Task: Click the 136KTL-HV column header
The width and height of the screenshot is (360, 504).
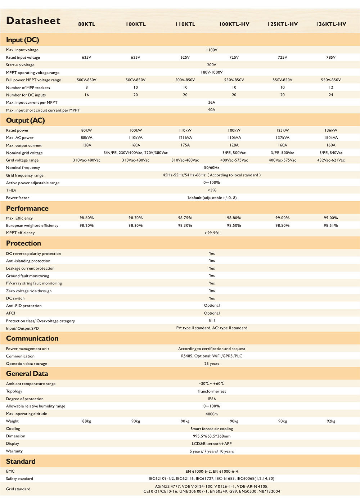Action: pyautogui.click(x=331, y=24)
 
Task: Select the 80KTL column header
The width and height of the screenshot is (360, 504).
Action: pyautogui.click(x=87, y=24)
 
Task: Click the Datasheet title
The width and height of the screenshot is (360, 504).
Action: pyautogui.click(x=33, y=21)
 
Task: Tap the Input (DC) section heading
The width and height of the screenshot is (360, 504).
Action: pyautogui.click(x=22, y=40)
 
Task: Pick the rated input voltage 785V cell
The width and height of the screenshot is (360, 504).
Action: pyautogui.click(x=331, y=57)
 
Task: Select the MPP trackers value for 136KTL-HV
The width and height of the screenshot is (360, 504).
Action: pyautogui.click(x=331, y=87)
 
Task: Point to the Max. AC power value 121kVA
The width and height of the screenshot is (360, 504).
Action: pyautogui.click(x=185, y=138)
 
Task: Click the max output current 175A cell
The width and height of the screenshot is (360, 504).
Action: pyautogui.click(x=185, y=145)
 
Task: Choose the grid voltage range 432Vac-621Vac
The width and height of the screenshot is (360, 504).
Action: pyautogui.click(x=331, y=160)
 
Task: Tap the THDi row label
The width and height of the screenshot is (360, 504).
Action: pyautogui.click(x=11, y=190)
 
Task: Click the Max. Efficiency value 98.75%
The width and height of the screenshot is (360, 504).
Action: pyautogui.click(x=185, y=218)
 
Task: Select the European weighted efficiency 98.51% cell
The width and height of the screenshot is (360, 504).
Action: pyautogui.click(x=331, y=225)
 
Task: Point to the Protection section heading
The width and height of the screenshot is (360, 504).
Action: pyautogui.click(x=23, y=243)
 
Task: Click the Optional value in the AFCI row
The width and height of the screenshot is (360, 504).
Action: pyautogui.click(x=212, y=313)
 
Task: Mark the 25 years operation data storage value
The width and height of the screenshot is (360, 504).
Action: pyautogui.click(x=212, y=364)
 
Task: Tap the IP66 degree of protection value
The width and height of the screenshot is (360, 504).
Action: pyautogui.click(x=212, y=399)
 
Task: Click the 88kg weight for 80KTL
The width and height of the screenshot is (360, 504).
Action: pyautogui.click(x=86, y=421)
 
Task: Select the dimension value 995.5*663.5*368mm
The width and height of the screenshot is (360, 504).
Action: pyautogui.click(x=212, y=436)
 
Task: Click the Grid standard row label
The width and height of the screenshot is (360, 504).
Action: pyautogui.click(x=18, y=489)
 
